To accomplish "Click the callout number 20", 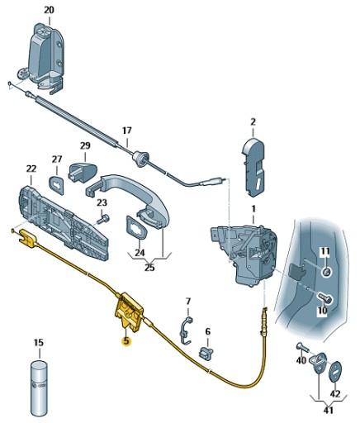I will [49, 10].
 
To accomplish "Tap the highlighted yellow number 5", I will [126, 340].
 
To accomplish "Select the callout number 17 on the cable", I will [126, 131].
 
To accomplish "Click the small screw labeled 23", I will [106, 218].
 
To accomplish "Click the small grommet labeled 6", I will [206, 353].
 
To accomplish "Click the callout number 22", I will [31, 169].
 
